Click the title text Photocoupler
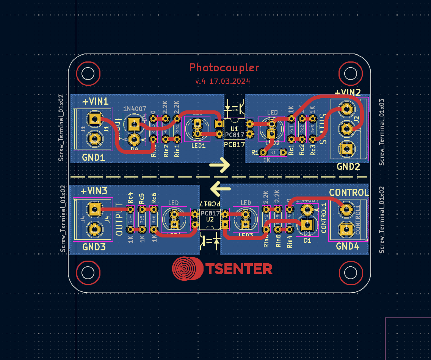(224, 68)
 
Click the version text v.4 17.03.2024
(223, 81)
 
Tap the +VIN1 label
(96, 102)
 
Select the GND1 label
(94, 157)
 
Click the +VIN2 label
(347, 92)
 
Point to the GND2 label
(348, 166)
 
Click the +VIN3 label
(94, 191)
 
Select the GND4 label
(348, 246)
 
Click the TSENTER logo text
(239, 269)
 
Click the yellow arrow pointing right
(220, 165)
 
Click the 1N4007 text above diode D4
(135, 109)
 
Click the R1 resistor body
(273, 152)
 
